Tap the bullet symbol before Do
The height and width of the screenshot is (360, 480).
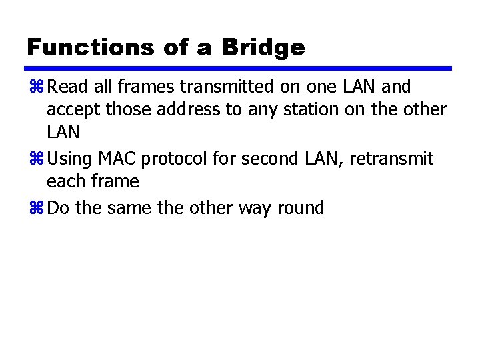tap(35, 209)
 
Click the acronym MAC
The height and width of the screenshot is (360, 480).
tap(115, 159)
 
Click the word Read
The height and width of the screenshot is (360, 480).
tap(69, 87)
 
